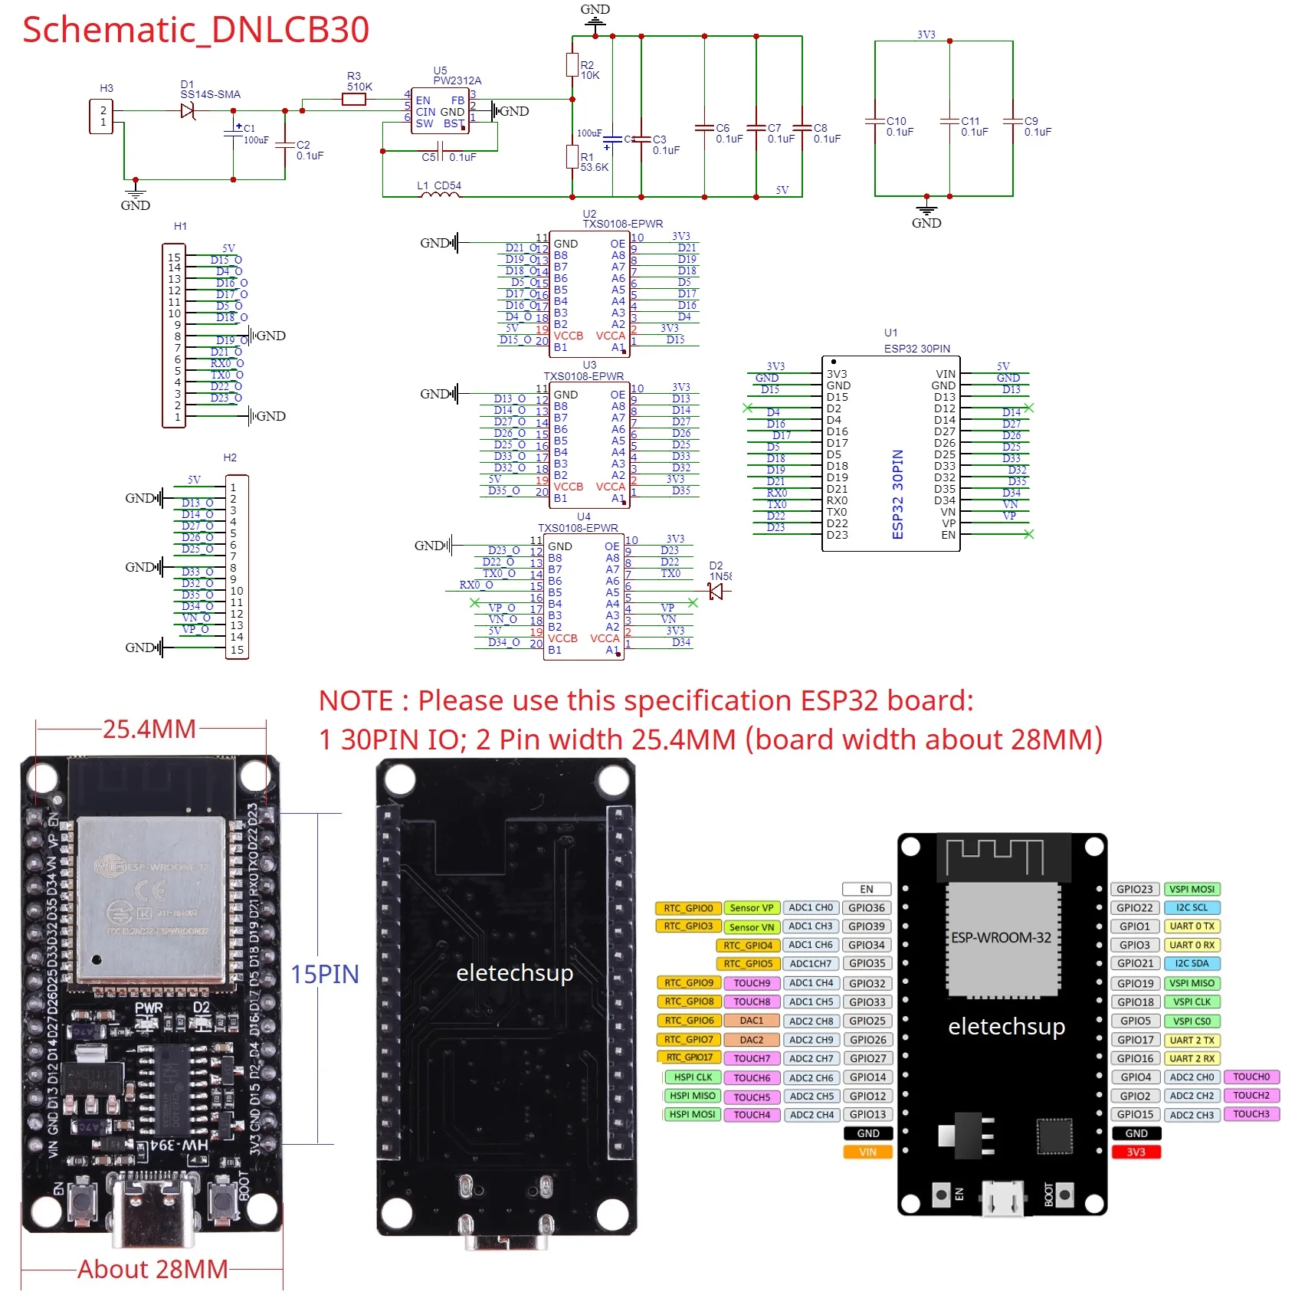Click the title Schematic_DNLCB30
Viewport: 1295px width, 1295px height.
[x=195, y=31]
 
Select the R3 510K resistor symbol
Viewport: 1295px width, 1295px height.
[x=353, y=99]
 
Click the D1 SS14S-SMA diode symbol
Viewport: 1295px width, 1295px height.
[x=188, y=111]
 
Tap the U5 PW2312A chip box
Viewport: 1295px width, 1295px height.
[x=440, y=113]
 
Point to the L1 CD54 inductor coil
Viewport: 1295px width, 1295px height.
[x=441, y=195]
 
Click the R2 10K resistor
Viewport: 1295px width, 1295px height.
[x=572, y=64]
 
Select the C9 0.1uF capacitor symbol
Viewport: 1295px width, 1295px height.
[x=1012, y=121]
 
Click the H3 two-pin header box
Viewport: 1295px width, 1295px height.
[x=102, y=116]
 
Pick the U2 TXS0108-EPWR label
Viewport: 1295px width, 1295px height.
[x=622, y=224]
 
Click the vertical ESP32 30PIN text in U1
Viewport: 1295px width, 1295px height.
[x=897, y=494]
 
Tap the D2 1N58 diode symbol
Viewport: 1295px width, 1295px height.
[x=716, y=591]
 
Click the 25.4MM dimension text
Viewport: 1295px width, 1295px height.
[x=149, y=729]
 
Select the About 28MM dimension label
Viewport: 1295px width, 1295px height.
[x=152, y=1269]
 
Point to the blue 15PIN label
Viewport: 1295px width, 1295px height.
[x=324, y=974]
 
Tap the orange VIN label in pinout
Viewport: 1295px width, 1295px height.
[x=867, y=1152]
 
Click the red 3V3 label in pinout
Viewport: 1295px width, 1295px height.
[x=1136, y=1152]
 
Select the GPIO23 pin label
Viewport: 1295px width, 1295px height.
[x=1134, y=889]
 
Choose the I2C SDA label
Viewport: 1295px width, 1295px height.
[x=1192, y=963]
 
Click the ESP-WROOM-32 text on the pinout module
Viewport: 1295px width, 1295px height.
[x=1001, y=938]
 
